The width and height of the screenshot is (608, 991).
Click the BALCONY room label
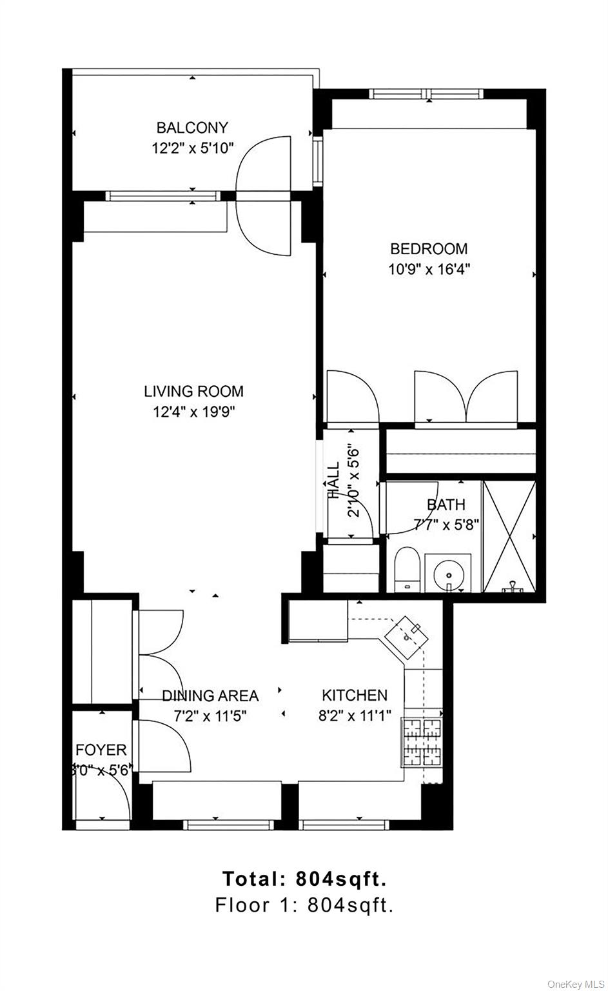pos(192,128)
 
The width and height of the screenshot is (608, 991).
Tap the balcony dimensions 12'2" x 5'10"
pos(192,148)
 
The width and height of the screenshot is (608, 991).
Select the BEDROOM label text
pos(429,248)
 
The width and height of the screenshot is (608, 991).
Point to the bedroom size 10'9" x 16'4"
pos(429,269)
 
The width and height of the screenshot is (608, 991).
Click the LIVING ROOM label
pos(193,391)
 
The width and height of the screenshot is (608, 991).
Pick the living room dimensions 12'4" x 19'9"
pos(193,412)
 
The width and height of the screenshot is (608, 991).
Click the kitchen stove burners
pos(422,742)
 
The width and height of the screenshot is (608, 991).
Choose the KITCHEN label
pos(355,695)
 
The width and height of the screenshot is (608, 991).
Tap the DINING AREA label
pos(210,696)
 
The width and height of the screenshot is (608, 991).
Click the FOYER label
pos(101,750)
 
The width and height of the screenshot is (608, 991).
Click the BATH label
pos(446,504)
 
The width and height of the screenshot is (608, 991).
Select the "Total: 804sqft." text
pos(304,879)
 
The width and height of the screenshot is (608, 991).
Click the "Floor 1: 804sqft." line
pos(304,905)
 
